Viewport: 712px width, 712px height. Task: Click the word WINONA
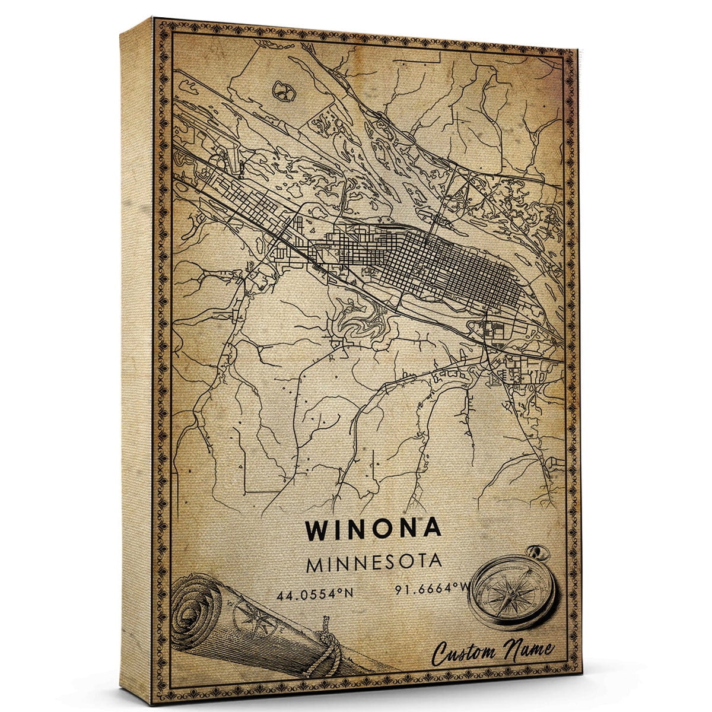pos(373,529)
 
